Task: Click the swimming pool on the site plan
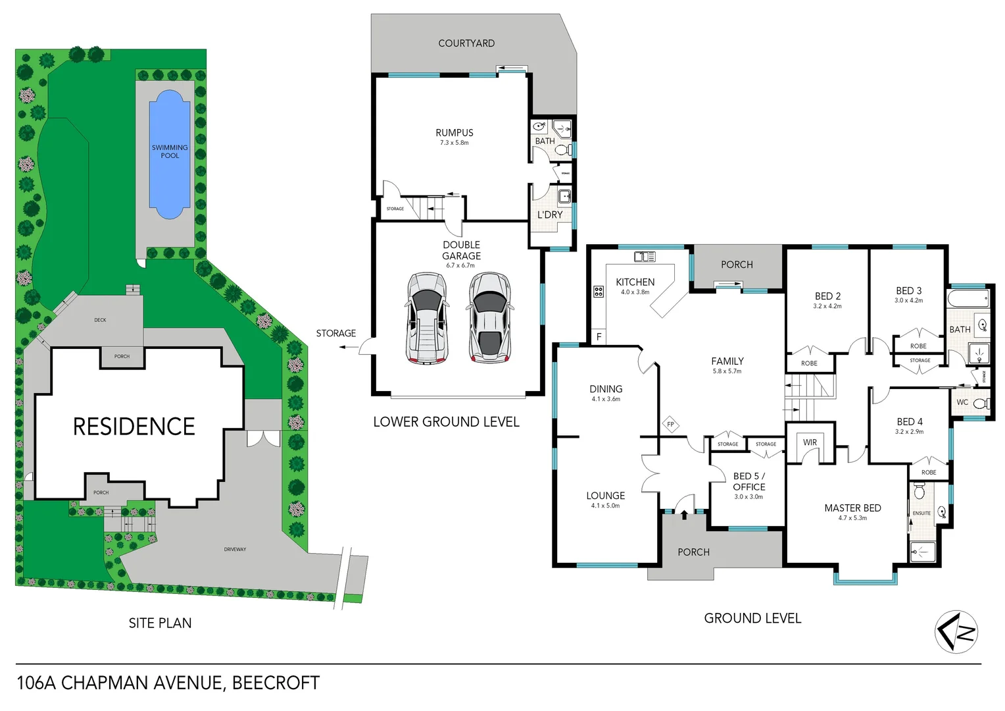pos(170,155)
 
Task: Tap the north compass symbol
pos(956,632)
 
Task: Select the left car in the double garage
pos(426,318)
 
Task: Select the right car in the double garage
pos(489,318)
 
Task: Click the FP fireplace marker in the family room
pos(670,425)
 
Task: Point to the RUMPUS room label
pos(454,133)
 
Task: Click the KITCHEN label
pos(635,282)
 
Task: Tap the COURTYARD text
pos(466,43)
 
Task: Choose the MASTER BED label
pos(852,508)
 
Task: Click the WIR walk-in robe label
pos(810,442)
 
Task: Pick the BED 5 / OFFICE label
pos(748,481)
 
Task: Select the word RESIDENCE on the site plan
pos(134,427)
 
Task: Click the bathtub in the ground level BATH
pos(968,299)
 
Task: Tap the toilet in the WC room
pos(980,404)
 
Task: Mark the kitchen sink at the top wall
pos(644,257)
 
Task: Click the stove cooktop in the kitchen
pos(599,291)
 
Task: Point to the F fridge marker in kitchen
pos(599,337)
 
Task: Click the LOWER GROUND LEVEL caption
pos(446,422)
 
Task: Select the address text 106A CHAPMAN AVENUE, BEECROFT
pos(168,683)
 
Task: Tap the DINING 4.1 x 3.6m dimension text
pos(605,399)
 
